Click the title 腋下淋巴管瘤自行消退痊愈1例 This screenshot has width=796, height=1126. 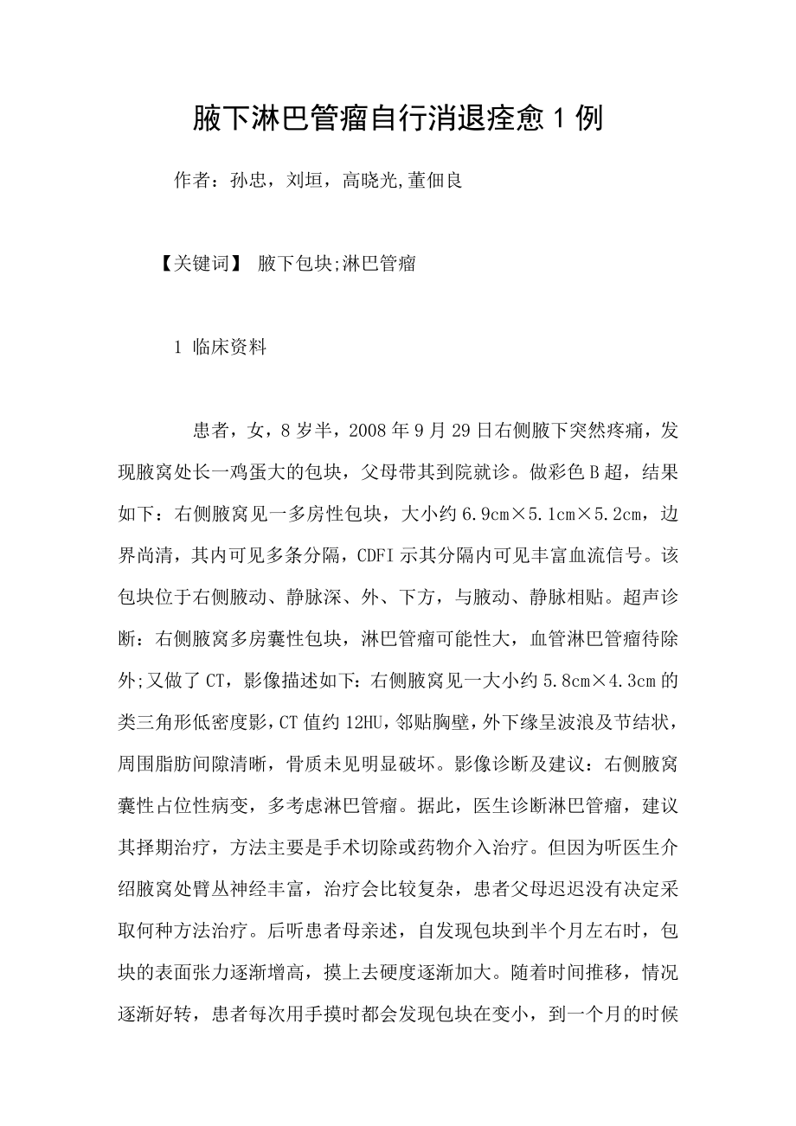click(397, 119)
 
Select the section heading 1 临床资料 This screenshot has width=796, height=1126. click(220, 348)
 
